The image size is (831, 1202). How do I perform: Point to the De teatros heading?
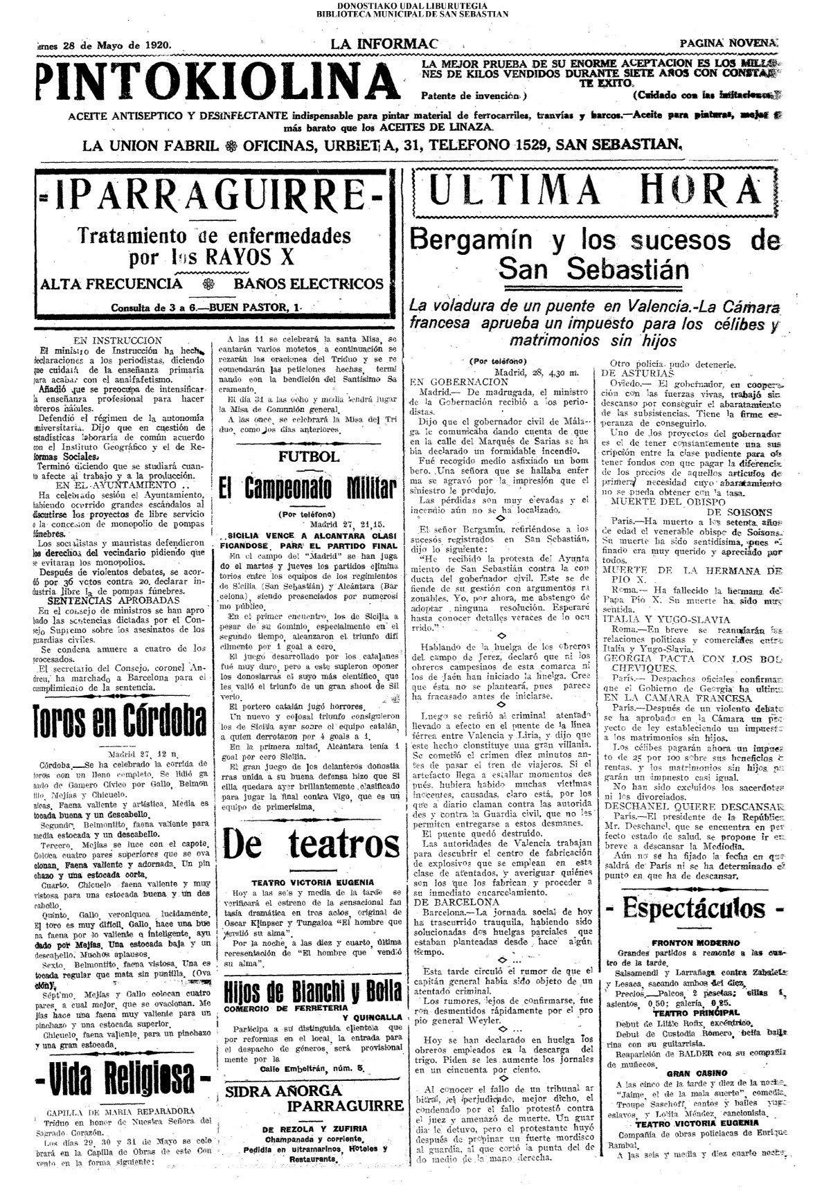point(312,845)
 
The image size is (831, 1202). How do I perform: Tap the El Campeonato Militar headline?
point(308,489)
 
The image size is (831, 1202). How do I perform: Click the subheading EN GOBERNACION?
point(459,381)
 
